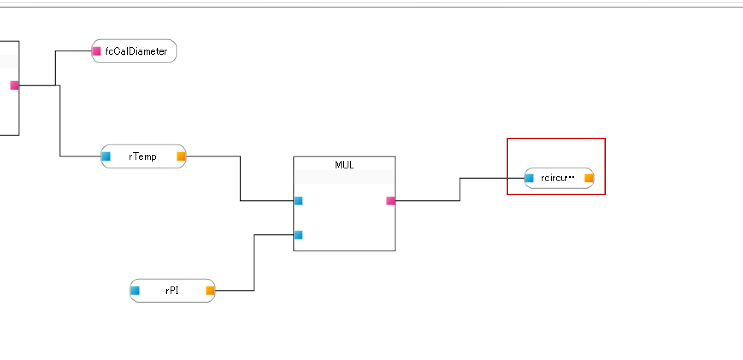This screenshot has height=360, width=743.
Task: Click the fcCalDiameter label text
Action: (x=136, y=51)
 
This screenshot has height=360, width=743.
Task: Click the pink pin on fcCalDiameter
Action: (x=97, y=51)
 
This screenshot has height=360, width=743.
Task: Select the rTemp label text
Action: (x=142, y=156)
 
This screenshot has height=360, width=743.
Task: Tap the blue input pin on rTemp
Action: (x=106, y=156)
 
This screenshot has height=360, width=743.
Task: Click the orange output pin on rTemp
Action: (x=181, y=156)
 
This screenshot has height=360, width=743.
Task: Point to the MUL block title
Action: (x=344, y=165)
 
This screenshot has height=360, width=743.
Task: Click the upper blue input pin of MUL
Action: (x=298, y=201)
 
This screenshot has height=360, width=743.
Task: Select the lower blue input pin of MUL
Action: (x=298, y=235)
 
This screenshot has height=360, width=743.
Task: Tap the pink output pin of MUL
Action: (x=390, y=201)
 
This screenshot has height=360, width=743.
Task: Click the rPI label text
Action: (x=172, y=291)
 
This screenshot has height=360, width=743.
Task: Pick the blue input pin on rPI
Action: (x=135, y=291)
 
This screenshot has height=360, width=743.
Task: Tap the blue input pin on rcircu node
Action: (x=529, y=178)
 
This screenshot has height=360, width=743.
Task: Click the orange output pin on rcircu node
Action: (x=589, y=178)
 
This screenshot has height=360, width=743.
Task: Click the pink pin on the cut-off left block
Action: (x=15, y=85)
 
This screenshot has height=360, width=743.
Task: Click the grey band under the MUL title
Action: (x=344, y=177)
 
